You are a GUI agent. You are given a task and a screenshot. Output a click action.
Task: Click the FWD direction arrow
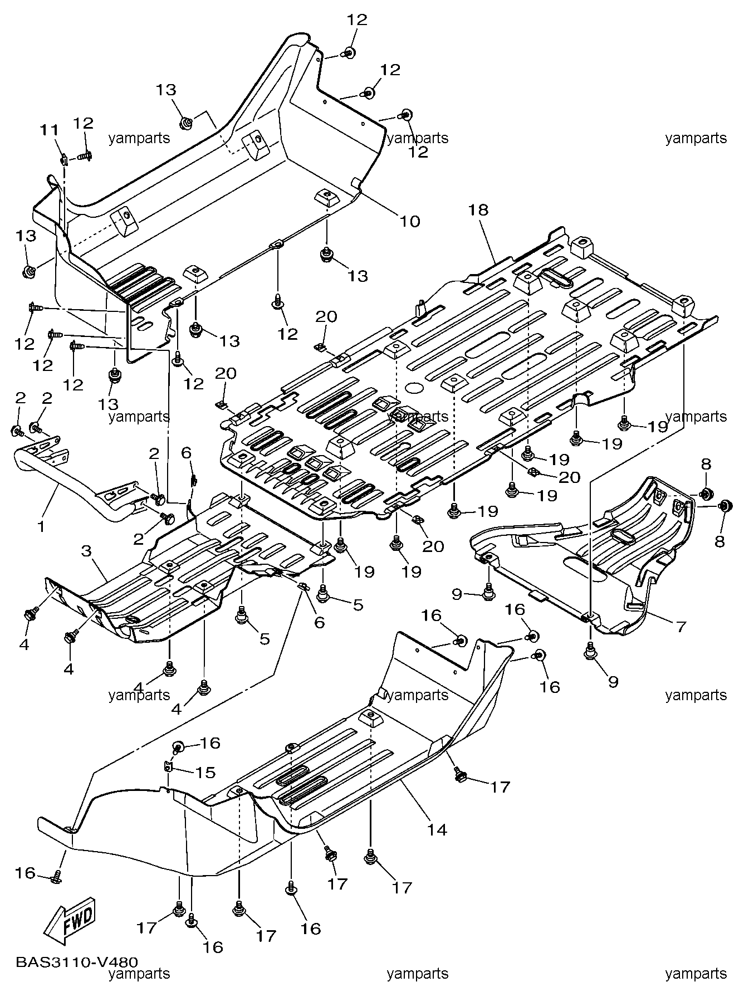pos(70,922)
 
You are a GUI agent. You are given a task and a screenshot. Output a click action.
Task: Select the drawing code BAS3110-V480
pos(77,962)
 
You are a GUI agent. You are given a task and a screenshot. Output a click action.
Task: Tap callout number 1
pos(41,526)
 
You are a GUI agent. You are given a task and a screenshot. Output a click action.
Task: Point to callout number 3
pos(86,551)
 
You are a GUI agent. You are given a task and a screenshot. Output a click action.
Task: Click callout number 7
pos(681,627)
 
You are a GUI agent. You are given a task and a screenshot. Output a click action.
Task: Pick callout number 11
pos(48,130)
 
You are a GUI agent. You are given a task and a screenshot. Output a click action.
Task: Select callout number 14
pos(438,829)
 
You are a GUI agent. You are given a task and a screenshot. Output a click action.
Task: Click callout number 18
pos(478,210)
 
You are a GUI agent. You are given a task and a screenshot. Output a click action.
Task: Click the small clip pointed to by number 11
pos(64,160)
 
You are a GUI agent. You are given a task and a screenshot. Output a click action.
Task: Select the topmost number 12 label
pos(357,20)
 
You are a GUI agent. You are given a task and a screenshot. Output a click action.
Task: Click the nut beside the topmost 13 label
pos(187,122)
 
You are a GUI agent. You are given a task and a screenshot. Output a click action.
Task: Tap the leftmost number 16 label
pos(25,873)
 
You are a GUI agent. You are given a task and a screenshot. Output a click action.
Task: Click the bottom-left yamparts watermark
pos(139,974)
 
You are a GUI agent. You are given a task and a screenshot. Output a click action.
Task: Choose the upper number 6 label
pos(187,453)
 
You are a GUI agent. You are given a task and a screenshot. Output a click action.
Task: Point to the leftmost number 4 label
pos(24,644)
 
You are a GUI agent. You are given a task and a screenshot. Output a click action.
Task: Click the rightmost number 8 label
pos(719,541)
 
